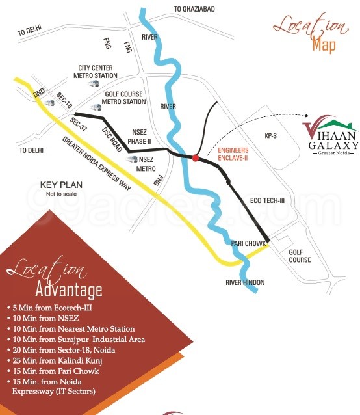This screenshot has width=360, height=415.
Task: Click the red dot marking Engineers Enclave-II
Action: click(195, 157)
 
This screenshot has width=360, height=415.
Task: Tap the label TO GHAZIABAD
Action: click(194, 8)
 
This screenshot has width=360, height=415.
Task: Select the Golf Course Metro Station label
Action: click(125, 98)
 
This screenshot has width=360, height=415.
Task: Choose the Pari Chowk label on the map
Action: click(249, 243)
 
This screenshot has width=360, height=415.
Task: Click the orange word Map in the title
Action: click(323, 45)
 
